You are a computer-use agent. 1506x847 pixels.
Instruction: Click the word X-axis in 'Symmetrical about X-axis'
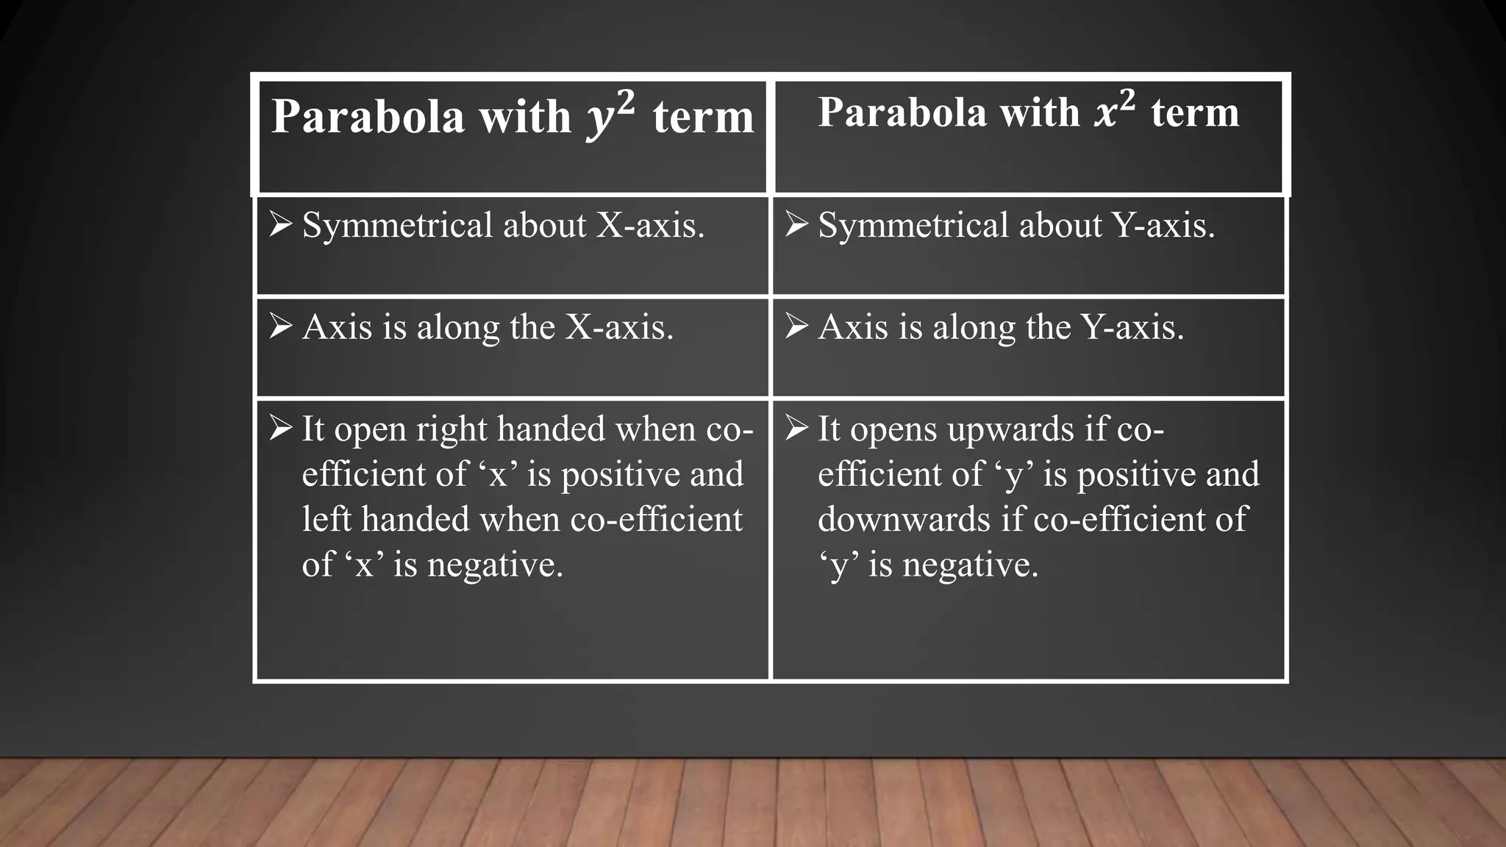650,225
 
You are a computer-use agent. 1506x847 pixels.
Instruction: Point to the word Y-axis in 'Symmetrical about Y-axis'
1163,225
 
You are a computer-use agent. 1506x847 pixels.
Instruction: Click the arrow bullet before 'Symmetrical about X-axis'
282,224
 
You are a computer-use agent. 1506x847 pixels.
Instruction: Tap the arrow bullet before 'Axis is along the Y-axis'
797,326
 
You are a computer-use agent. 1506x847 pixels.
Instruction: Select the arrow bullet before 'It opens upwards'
797,427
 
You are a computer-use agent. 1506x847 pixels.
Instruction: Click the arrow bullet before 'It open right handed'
282,427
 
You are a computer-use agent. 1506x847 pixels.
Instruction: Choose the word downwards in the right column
904,519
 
